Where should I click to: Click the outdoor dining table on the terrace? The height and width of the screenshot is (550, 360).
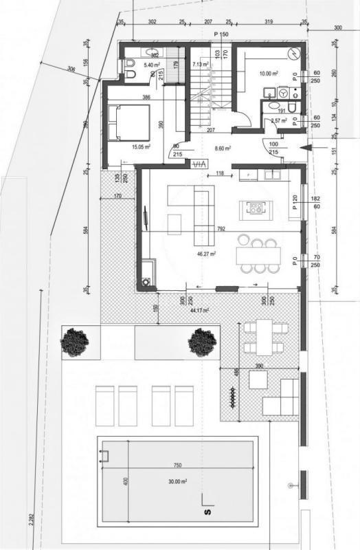point(261,336)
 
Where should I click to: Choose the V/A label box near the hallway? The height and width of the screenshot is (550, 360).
point(199,164)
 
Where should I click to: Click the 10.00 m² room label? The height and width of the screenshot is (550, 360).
point(268,73)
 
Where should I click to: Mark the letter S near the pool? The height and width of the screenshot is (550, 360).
point(205,513)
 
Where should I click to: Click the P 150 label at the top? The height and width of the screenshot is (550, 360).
point(221,34)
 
